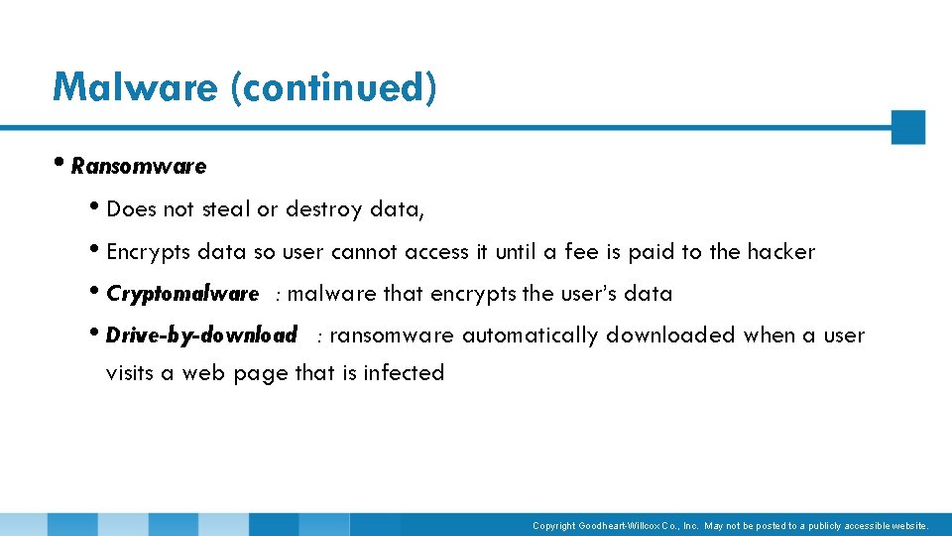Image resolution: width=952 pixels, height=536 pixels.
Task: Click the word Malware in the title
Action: (x=136, y=87)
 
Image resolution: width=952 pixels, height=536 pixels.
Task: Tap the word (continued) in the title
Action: (x=333, y=87)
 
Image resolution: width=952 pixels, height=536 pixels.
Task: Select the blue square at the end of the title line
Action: (x=907, y=127)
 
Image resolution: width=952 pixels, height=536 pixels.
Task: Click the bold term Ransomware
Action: (x=139, y=167)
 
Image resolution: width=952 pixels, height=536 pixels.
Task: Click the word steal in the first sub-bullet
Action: (x=226, y=209)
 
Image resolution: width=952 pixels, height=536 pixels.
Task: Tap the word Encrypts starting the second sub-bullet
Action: (x=147, y=253)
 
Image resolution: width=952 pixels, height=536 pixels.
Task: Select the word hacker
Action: (x=780, y=252)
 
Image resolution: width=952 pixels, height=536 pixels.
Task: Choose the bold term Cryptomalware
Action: (x=182, y=295)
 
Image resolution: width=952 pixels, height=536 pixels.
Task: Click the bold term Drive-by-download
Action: (x=201, y=336)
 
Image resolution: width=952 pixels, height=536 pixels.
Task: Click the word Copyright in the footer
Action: (x=553, y=525)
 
